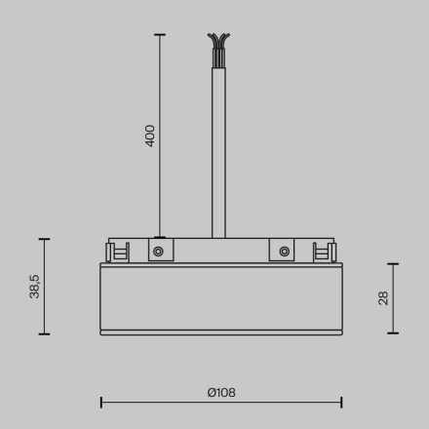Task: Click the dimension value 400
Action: coord(150,135)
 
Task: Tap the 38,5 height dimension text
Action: coord(35,286)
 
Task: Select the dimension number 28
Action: coord(383,297)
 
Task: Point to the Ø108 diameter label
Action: coord(221,393)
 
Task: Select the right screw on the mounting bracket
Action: coord(283,251)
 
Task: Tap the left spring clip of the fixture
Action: coord(119,252)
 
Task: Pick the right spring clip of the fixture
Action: coord(321,252)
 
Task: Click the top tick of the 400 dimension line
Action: coord(160,35)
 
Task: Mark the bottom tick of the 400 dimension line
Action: coord(160,237)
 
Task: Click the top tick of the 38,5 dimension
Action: coord(44,238)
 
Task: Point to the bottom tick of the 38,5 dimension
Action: coord(44,334)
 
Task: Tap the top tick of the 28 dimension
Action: coord(393,263)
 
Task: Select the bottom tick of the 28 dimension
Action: coord(393,333)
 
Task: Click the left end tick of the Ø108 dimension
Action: coord(101,402)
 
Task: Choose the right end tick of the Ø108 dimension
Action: coord(341,402)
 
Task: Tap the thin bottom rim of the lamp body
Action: coord(221,332)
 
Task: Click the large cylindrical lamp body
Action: coord(221,297)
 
